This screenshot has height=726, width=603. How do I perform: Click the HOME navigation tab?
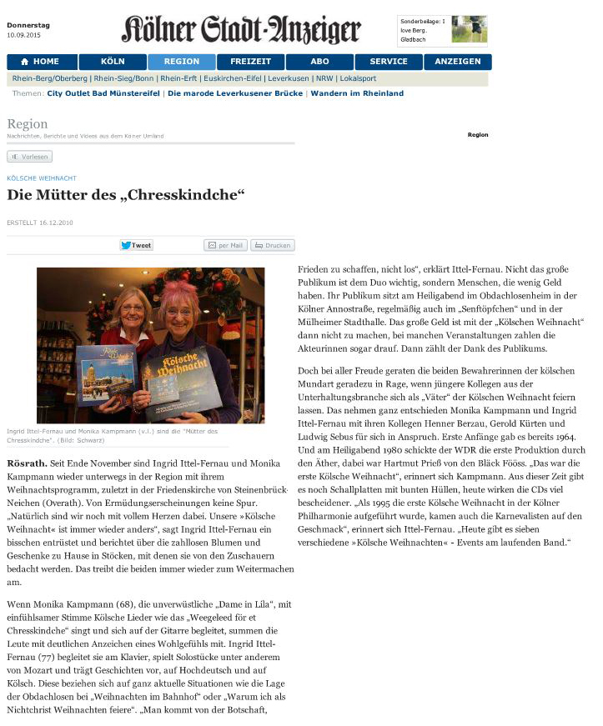point(42,62)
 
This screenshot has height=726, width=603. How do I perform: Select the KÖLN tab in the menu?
point(113,62)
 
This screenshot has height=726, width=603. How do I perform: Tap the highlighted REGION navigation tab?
point(182,62)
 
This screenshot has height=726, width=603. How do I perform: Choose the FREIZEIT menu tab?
point(250,62)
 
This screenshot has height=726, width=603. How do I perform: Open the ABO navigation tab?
point(319,62)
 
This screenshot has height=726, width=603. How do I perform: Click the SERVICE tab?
point(388,62)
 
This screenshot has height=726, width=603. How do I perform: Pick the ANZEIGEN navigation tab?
point(457,62)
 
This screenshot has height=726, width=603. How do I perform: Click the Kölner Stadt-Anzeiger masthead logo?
point(241,30)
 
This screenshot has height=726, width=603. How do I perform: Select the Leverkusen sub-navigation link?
point(288,78)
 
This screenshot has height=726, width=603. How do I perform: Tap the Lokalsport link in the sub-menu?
point(358,78)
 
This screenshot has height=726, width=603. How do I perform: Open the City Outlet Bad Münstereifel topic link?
point(104,93)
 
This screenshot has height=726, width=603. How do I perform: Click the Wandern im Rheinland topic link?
point(357,93)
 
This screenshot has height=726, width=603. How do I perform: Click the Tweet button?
point(136,245)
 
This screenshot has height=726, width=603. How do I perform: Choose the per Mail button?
point(225,245)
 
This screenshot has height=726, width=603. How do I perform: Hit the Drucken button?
point(273,245)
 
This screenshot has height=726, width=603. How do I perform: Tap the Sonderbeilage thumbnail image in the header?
point(469,29)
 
